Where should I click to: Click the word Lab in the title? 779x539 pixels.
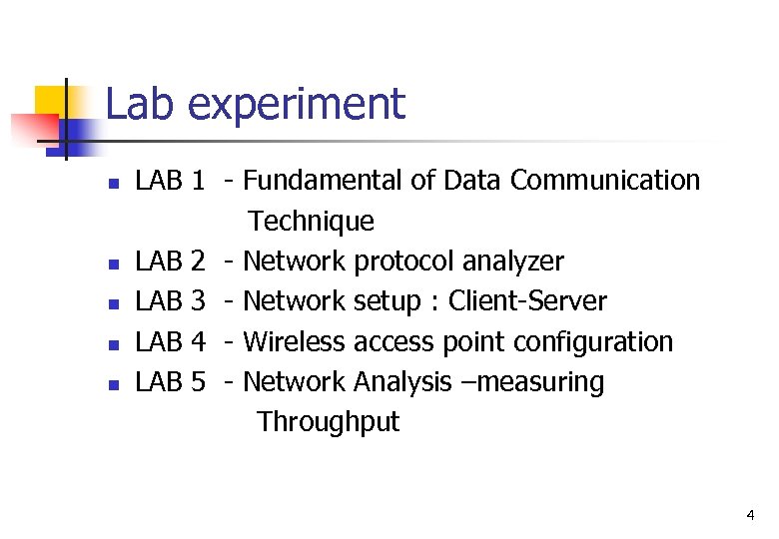(x=138, y=104)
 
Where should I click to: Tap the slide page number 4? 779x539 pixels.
(x=750, y=516)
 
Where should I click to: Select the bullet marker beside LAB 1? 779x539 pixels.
(x=114, y=184)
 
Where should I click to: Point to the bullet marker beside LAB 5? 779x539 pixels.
(x=114, y=384)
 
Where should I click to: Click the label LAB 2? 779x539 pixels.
(x=170, y=262)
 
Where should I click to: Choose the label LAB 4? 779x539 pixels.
(x=170, y=341)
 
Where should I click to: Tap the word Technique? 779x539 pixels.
(x=312, y=221)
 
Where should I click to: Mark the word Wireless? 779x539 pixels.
(x=295, y=341)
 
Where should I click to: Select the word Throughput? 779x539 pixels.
(x=328, y=423)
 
